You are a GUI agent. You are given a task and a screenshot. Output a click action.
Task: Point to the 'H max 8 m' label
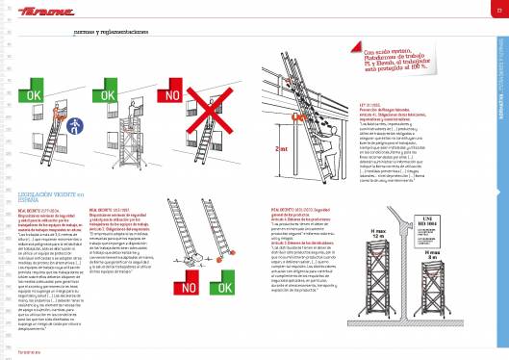pos(461,255)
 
